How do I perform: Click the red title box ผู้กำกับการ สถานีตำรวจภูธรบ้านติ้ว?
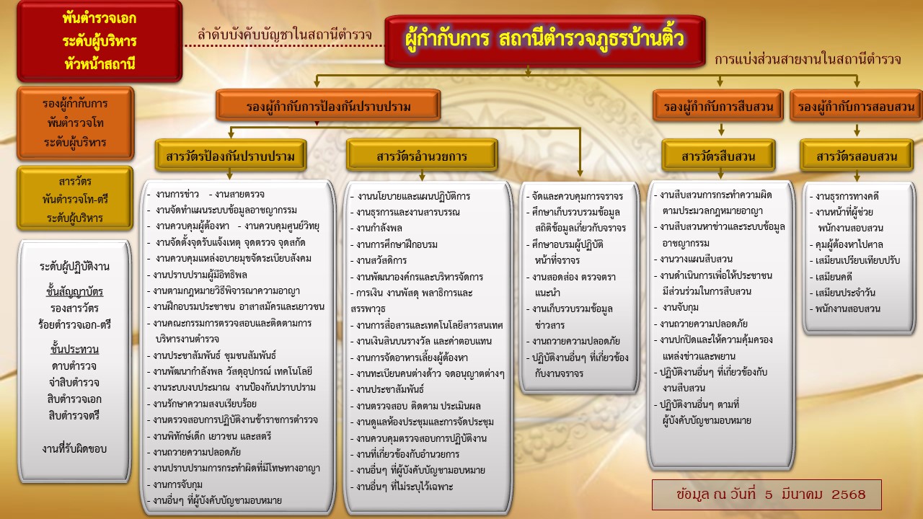(544, 40)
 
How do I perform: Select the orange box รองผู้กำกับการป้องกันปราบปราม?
(328, 105)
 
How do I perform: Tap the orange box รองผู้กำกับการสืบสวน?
(717, 106)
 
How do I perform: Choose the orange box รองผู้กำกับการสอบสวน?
(856, 106)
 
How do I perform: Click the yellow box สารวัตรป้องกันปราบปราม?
(231, 155)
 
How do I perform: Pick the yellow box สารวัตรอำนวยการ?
(422, 155)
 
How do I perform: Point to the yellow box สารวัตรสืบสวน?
(718, 155)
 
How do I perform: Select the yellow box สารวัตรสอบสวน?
(857, 155)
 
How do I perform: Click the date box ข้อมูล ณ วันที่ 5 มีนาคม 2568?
(767, 494)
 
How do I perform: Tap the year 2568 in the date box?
(849, 494)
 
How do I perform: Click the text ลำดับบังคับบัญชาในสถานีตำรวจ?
(284, 35)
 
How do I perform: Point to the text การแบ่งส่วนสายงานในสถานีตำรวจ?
(808, 60)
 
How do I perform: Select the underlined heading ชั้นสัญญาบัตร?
(74, 292)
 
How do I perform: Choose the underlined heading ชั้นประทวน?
(74, 350)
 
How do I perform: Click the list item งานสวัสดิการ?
(379, 260)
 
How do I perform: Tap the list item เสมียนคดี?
(831, 276)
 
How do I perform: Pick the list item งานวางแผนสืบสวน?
(693, 259)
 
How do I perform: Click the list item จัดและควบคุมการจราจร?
(575, 196)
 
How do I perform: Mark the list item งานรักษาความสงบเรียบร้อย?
(202, 404)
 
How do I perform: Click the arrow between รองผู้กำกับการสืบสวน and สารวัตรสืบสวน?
(721, 129)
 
